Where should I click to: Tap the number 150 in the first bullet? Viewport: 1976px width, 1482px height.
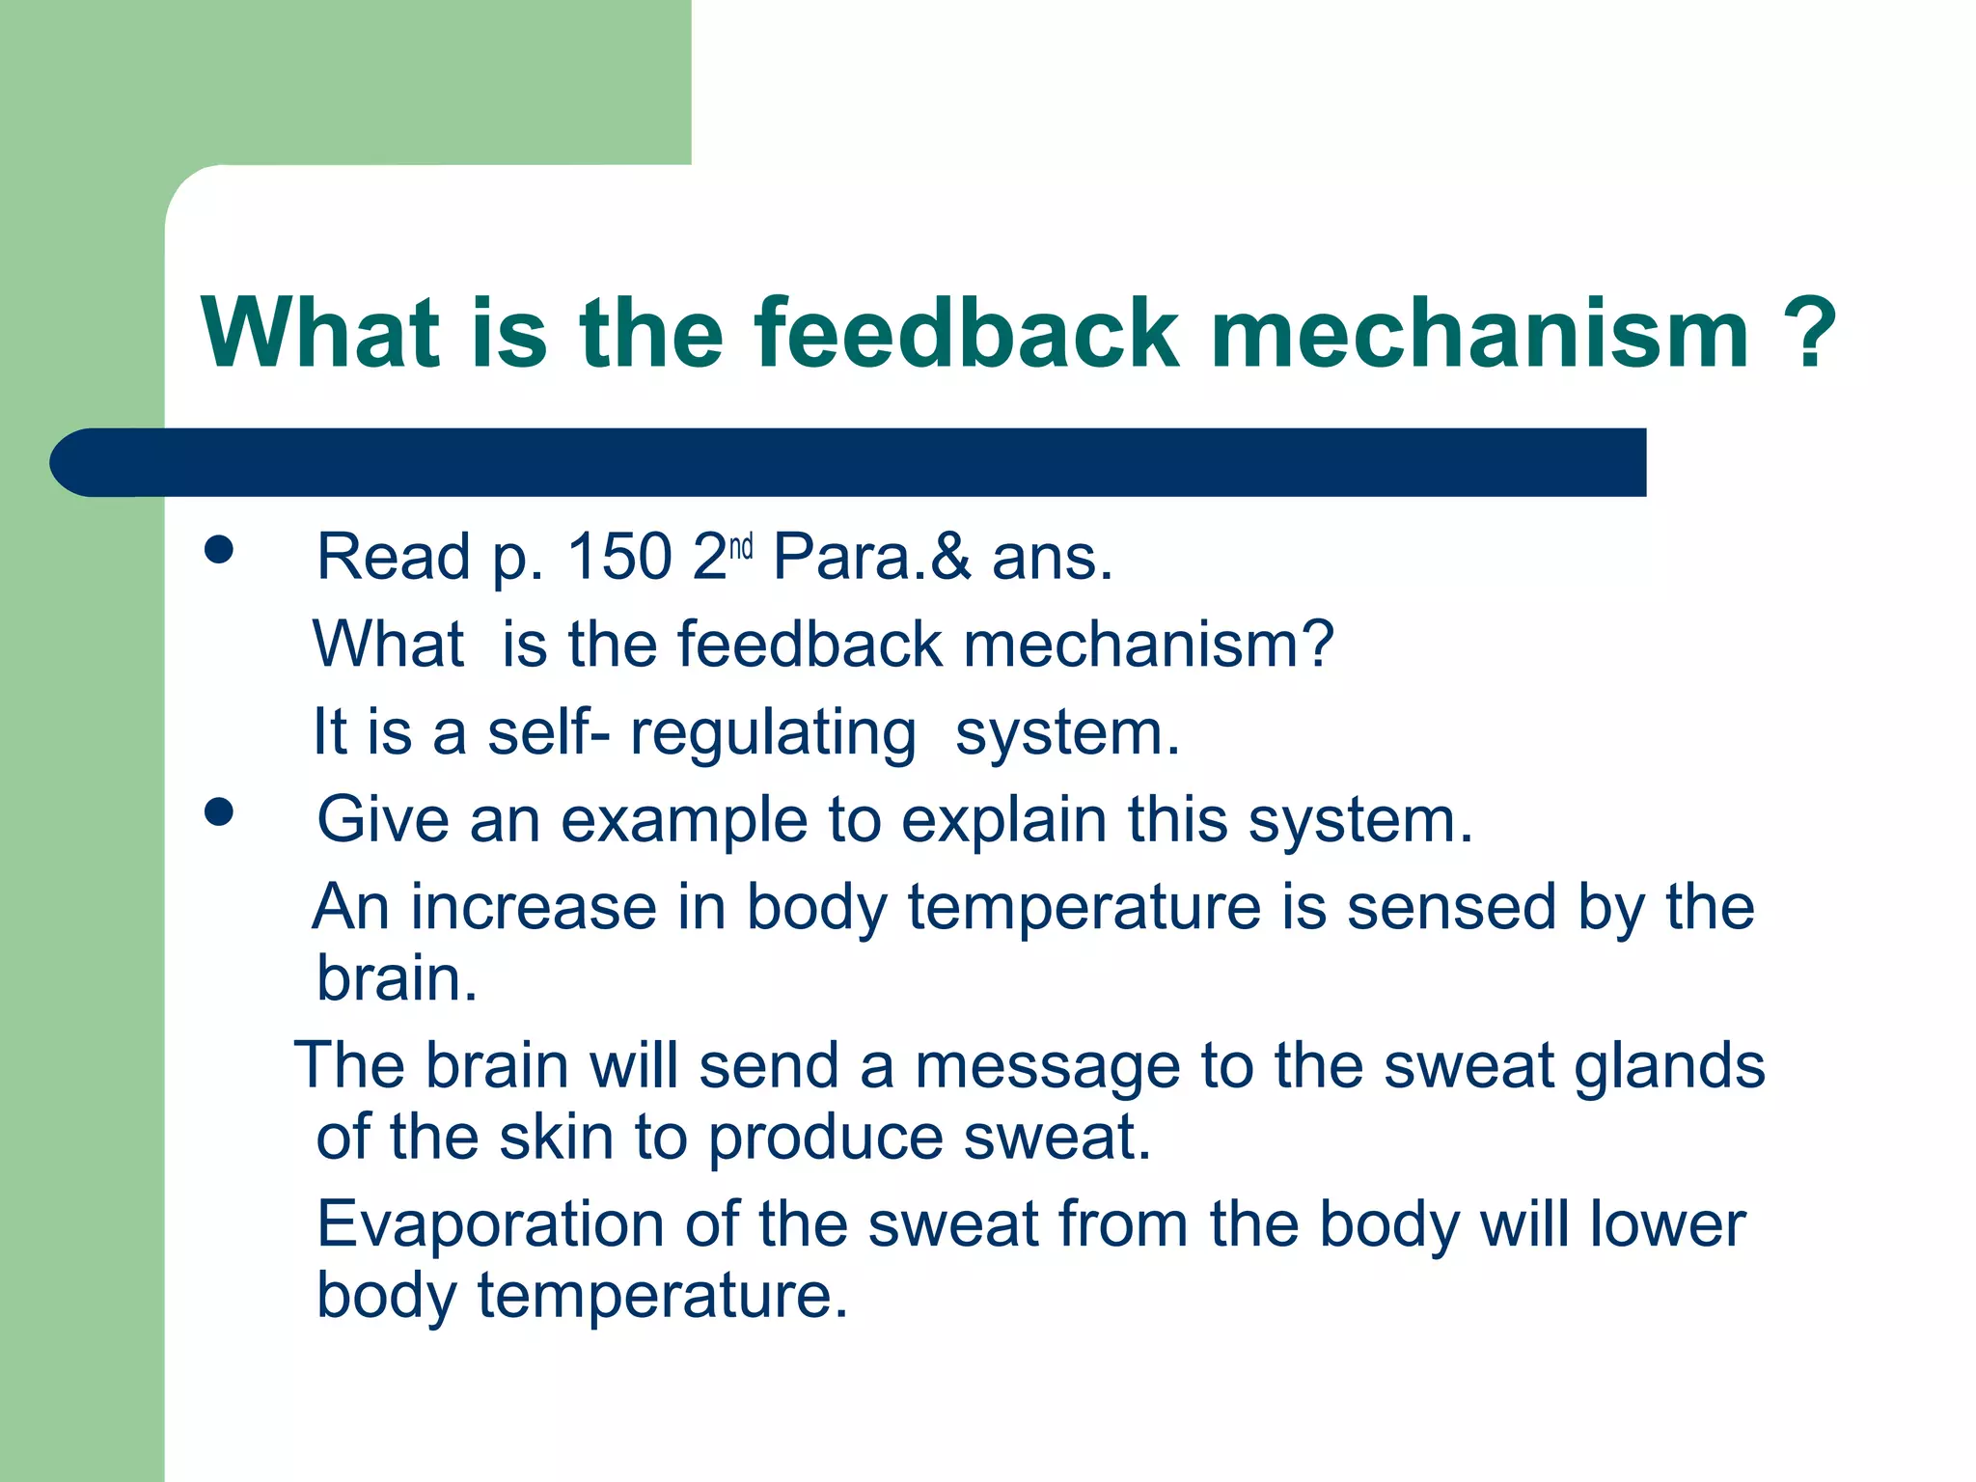(x=618, y=557)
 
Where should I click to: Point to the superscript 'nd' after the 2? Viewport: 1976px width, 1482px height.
(x=740, y=548)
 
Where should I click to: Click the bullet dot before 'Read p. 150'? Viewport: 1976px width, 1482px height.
(x=219, y=550)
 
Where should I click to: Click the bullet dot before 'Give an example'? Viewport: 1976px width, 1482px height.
(x=219, y=812)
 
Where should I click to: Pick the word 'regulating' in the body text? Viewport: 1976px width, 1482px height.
(x=773, y=734)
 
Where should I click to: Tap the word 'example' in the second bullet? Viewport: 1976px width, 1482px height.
(x=683, y=821)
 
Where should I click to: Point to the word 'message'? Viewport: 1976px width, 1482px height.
(x=1047, y=1067)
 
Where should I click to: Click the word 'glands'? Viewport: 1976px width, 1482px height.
(x=1670, y=1067)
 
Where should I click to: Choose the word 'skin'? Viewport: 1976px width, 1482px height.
(x=556, y=1138)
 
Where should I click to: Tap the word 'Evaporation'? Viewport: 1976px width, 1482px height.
(x=490, y=1224)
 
